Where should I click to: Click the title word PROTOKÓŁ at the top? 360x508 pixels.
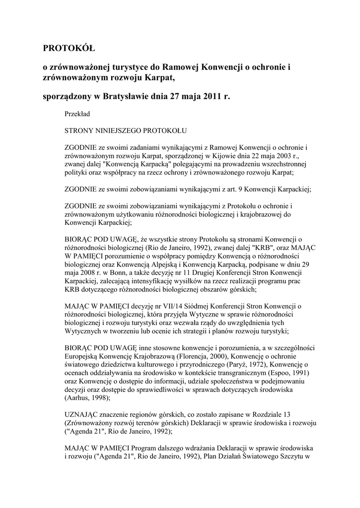coord(68,49)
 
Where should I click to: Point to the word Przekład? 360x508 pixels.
coord(77,114)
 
